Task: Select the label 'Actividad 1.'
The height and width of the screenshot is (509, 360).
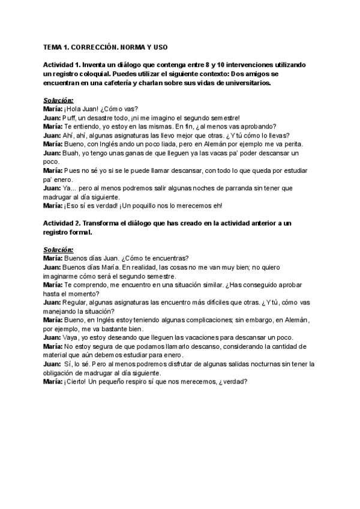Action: [62, 64]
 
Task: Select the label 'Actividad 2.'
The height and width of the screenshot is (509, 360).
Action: [62, 223]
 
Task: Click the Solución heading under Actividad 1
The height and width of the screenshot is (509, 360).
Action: [58, 100]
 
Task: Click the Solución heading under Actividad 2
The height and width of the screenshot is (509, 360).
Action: [58, 249]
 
